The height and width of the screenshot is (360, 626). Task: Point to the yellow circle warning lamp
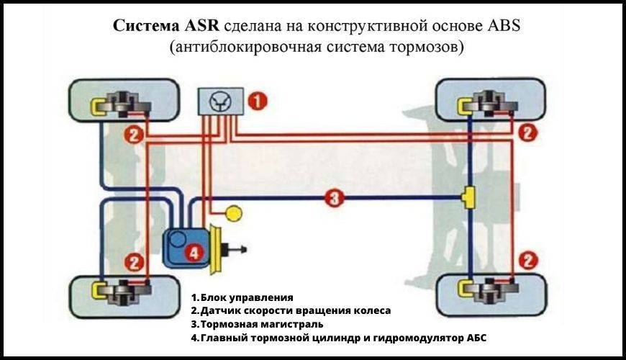coord(234,213)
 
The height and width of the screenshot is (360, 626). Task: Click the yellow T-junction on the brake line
coord(468,196)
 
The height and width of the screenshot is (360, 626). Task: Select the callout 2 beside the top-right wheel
coord(528,132)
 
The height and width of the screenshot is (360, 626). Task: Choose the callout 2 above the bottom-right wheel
coord(529,259)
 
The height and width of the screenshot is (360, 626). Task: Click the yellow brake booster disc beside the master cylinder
coord(214,248)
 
